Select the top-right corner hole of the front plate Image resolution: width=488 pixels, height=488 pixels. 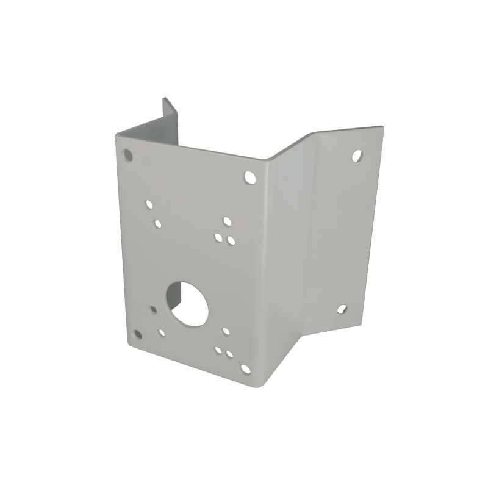pyautogui.click(x=250, y=178)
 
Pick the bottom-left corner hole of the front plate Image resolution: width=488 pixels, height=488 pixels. pyautogui.click(x=138, y=334)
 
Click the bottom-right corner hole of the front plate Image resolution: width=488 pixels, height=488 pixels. pyautogui.click(x=245, y=369)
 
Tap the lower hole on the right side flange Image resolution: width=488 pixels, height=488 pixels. pyautogui.click(x=342, y=309)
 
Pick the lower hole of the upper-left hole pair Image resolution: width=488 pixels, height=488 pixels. pyautogui.click(x=157, y=223)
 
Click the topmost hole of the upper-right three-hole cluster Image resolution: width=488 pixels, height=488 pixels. pyautogui.click(x=227, y=220)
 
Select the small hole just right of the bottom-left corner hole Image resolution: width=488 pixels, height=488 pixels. pyautogui.click(x=161, y=333)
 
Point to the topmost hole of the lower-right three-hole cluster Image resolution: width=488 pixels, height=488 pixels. pyautogui.click(x=226, y=331)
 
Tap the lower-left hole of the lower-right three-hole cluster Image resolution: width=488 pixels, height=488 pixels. pyautogui.click(x=218, y=350)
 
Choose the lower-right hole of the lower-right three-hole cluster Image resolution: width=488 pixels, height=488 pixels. pyautogui.click(x=229, y=354)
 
